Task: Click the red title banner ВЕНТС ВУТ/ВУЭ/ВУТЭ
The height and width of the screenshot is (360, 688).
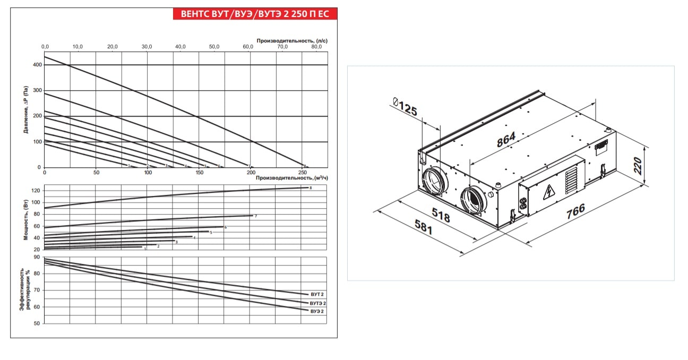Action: point(255,14)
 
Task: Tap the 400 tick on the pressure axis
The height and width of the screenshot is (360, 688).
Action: point(37,65)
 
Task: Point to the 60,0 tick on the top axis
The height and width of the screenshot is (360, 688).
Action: point(248,47)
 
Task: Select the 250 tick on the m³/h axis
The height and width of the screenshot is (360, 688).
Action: point(303,173)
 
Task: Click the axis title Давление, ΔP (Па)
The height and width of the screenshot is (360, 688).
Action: point(26,109)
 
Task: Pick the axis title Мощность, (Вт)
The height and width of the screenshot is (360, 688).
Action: point(26,220)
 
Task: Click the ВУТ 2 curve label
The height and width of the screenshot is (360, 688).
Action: point(317,294)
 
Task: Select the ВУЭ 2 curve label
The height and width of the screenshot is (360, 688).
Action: point(317,311)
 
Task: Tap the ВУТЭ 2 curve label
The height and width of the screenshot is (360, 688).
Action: point(318,303)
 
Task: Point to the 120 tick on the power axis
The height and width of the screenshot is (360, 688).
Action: point(36,191)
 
